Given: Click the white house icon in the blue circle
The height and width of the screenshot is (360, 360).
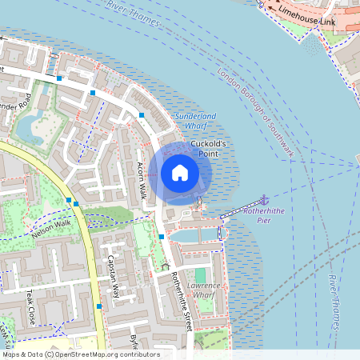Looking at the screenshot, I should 180,173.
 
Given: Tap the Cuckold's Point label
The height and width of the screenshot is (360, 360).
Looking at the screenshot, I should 210,148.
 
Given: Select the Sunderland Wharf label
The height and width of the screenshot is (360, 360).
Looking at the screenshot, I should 190,121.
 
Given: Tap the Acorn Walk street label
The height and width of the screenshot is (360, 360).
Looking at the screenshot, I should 142,176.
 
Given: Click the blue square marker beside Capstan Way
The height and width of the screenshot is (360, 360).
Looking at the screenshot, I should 99,306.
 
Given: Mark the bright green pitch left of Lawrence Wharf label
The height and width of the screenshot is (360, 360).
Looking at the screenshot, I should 200,277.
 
